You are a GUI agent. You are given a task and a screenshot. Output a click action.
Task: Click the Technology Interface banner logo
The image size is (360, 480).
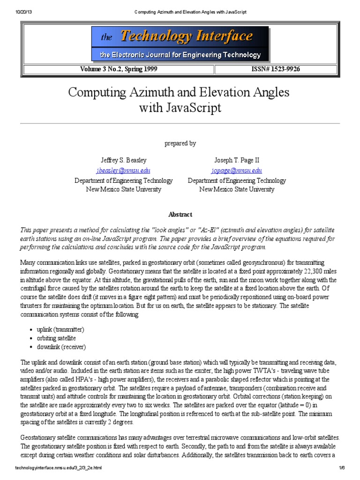180,37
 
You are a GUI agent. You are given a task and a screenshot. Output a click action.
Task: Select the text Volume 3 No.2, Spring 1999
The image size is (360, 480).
119,69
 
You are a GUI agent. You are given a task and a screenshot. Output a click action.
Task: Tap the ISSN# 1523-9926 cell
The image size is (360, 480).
276,69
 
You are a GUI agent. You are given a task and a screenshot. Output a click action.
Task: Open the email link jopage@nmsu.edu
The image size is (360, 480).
237,171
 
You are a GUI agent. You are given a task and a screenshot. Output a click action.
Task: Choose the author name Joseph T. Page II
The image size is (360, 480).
237,160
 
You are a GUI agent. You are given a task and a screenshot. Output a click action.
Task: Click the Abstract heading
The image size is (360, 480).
180,214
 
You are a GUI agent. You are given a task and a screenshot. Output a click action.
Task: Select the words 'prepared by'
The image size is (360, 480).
180,143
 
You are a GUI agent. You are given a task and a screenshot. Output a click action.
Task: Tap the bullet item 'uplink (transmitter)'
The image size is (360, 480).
60,330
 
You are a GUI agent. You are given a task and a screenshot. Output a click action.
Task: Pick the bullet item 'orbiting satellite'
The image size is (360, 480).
56,338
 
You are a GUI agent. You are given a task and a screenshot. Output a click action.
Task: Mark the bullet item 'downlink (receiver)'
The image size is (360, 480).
61,347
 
